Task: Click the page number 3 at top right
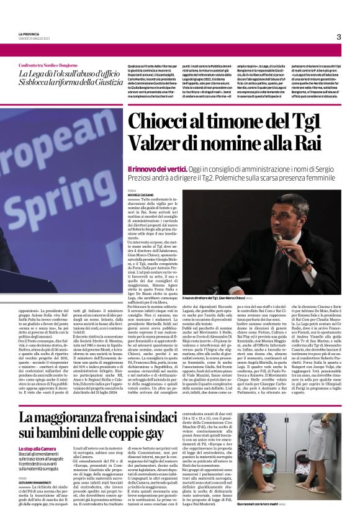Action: tap(339, 37)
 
